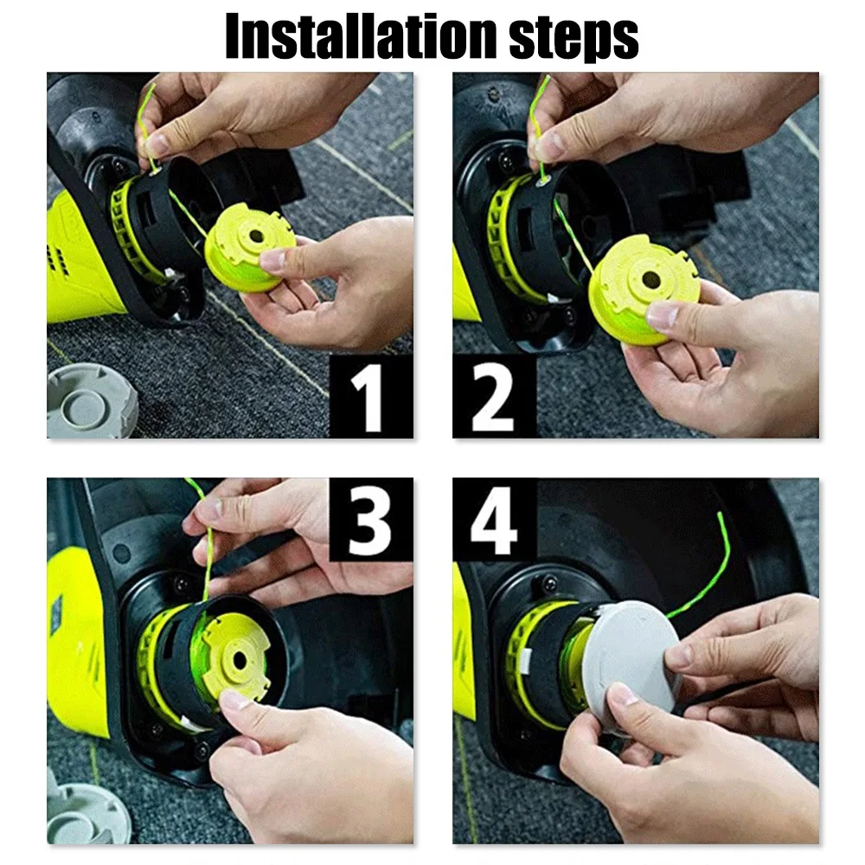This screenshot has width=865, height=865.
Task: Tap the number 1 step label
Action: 370,396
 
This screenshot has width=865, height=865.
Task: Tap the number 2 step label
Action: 493,395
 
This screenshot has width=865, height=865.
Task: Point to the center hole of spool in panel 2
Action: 650,279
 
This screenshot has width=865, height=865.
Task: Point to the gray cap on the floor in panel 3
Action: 86,809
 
